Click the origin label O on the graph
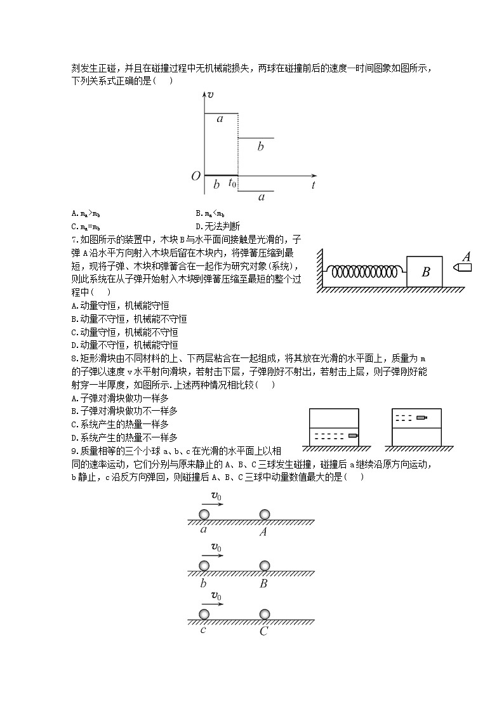pos(196,176)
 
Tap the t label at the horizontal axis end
pos(314,185)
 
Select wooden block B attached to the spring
pos(426,272)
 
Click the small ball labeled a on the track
pos(204,514)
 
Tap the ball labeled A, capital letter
pos(264,514)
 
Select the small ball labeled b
pos(204,565)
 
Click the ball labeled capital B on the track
pos(264,565)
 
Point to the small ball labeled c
pos(204,614)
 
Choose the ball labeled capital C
pos(264,614)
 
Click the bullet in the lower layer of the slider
pos(352,436)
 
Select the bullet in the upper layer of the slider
pos(421,418)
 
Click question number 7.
pos(76,239)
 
